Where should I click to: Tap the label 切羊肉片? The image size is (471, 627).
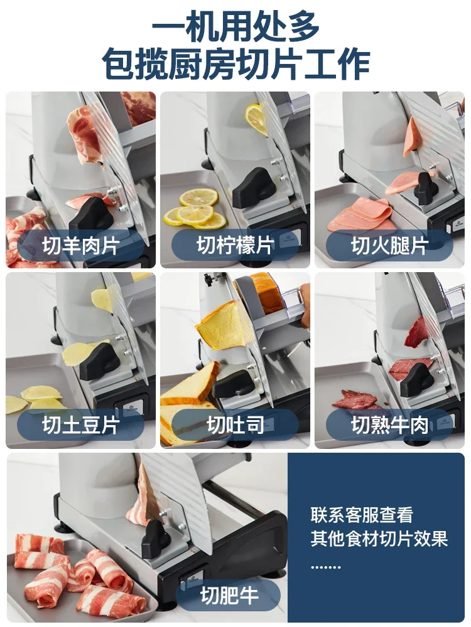(80, 245)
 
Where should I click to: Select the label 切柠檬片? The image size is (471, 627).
(235, 245)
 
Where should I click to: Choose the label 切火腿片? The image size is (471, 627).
(389, 245)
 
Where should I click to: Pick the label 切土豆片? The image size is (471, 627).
(80, 426)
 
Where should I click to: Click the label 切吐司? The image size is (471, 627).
(235, 426)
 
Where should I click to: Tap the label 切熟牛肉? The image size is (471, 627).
(389, 426)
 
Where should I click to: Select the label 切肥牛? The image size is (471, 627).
(229, 595)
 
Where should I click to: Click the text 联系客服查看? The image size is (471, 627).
(362, 515)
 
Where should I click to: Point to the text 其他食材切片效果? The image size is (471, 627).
(379, 539)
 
